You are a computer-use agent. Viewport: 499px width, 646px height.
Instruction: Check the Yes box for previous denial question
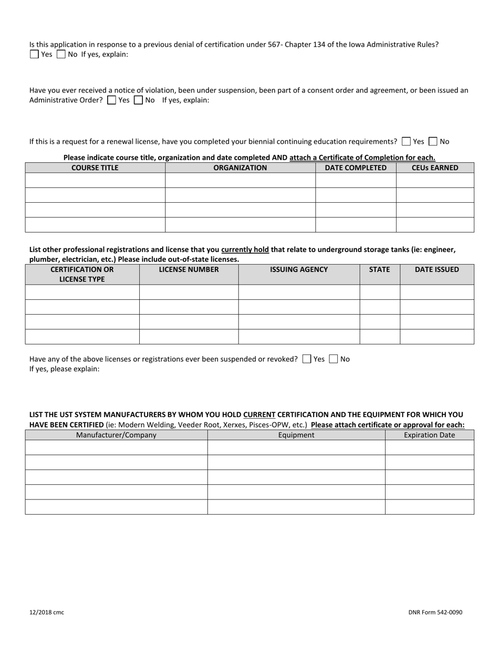pyautogui.click(x=34, y=54)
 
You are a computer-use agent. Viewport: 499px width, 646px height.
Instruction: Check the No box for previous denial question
pyautogui.click(x=61, y=54)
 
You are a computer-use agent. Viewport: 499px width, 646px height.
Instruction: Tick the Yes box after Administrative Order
pyautogui.click(x=111, y=100)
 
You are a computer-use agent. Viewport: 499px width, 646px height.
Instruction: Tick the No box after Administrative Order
pyautogui.click(x=138, y=100)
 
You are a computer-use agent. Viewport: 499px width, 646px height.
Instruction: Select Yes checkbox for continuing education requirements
pyautogui.click(x=406, y=141)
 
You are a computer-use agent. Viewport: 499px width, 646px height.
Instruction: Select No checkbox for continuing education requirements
pyautogui.click(x=433, y=141)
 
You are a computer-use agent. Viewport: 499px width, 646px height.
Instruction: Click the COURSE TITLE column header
pyautogui.click(x=95, y=168)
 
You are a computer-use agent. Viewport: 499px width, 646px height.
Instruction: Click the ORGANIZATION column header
pyautogui.click(x=240, y=168)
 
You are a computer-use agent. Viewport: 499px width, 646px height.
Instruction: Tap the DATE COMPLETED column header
pyautogui.click(x=356, y=168)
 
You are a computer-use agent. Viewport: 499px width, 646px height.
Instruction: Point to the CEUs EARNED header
pyautogui.click(x=435, y=168)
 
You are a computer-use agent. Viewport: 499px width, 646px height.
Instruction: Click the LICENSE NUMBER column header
pyautogui.click(x=189, y=269)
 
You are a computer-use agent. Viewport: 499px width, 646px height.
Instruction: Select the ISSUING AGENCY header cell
pyautogui.click(x=299, y=269)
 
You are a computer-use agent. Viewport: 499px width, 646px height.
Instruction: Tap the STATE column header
pyautogui.click(x=379, y=269)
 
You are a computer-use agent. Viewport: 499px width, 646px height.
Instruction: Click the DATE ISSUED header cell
pyautogui.click(x=436, y=269)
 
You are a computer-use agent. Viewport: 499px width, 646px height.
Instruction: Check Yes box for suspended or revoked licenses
pyautogui.click(x=307, y=359)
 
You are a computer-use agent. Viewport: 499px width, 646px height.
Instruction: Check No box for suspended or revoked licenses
pyautogui.click(x=333, y=359)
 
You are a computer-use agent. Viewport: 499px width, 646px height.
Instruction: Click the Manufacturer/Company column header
pyautogui.click(x=116, y=435)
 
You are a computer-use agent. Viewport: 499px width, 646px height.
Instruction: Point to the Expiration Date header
pyautogui.click(x=429, y=435)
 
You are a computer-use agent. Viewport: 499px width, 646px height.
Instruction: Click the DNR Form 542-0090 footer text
pyautogui.click(x=435, y=612)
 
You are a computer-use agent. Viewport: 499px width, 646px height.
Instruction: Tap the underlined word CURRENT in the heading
pyautogui.click(x=259, y=414)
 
